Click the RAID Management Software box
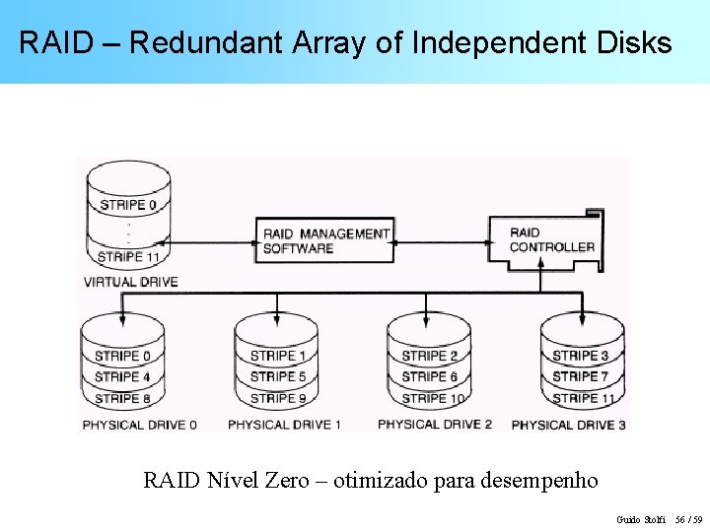click(324, 240)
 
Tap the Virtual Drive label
click(130, 282)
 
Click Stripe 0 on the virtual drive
click(128, 205)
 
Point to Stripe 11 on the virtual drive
click(128, 257)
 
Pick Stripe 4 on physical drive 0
click(122, 376)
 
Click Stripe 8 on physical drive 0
click(122, 398)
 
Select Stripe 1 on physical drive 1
click(277, 356)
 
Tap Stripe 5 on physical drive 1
click(277, 376)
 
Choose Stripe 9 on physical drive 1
click(277, 398)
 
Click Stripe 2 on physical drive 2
click(429, 356)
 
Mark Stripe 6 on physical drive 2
click(429, 376)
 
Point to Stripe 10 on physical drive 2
click(432, 398)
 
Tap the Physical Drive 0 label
click(140, 425)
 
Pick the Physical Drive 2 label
click(435, 425)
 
